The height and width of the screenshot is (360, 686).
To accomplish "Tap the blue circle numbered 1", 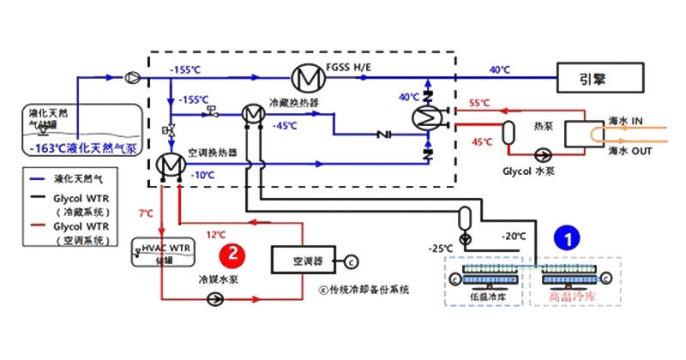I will point(565,239).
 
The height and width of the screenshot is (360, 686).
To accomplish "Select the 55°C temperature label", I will point(479,104).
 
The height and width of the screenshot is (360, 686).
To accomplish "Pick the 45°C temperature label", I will point(482,141).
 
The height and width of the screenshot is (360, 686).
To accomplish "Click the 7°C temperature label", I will point(147,212).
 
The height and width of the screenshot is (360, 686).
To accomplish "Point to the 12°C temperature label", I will point(216,233).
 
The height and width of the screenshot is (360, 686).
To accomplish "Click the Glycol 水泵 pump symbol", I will point(541,156).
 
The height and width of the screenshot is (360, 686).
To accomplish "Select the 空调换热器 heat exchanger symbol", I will point(168,164).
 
